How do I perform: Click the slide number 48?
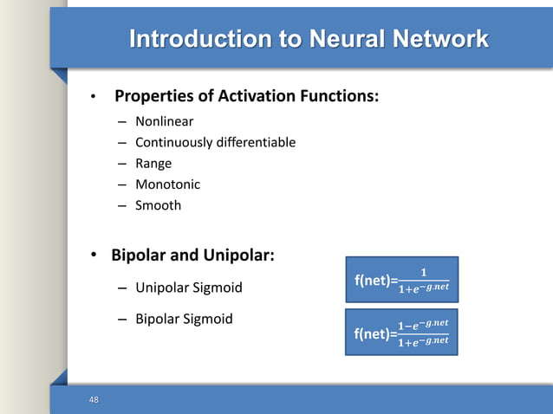(94, 399)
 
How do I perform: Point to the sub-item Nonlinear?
(164, 121)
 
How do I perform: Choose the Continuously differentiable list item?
(215, 142)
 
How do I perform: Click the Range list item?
(153, 163)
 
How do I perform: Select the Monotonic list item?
(167, 184)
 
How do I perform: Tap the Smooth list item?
(158, 205)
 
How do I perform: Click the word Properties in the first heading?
(155, 95)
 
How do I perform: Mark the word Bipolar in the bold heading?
(141, 256)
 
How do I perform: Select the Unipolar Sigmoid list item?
(188, 288)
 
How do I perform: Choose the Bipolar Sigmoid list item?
(184, 319)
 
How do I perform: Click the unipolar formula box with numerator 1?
(401, 279)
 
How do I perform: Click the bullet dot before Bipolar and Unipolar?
(94, 256)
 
